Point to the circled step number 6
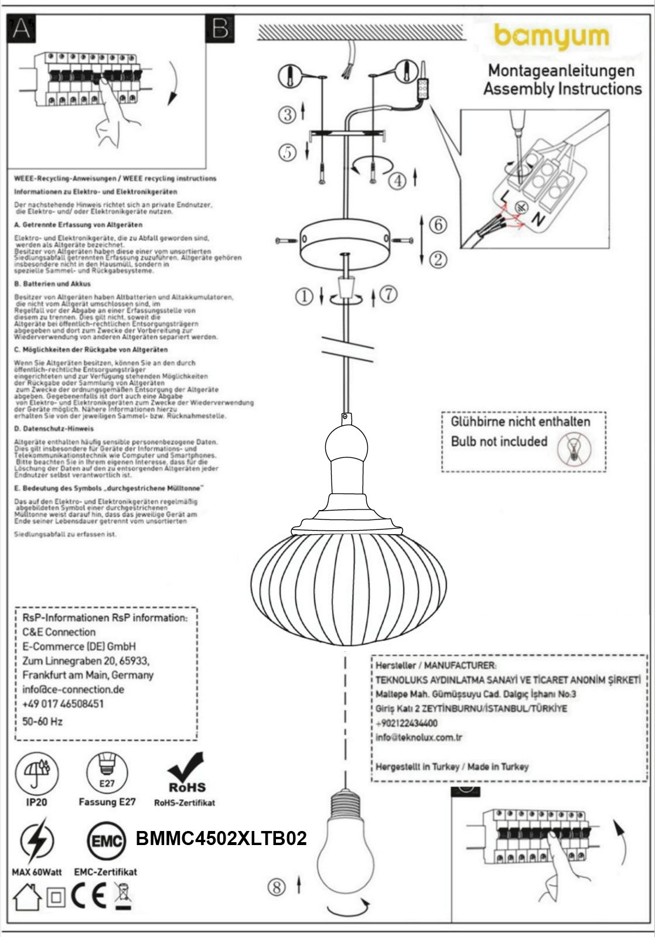(x=438, y=224)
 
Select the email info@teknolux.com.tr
(x=419, y=737)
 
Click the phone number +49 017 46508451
(x=63, y=703)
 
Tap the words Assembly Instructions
(x=562, y=89)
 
